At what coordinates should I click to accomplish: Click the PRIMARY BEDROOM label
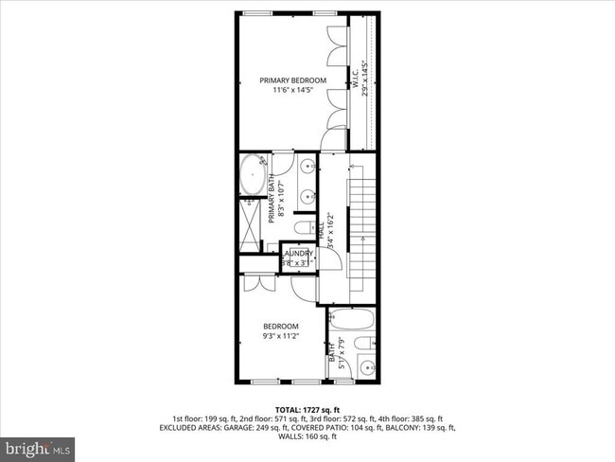(x=293, y=80)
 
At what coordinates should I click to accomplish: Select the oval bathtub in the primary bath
(x=252, y=176)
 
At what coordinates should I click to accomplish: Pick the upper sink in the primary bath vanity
(x=308, y=169)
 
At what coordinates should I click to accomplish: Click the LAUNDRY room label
(x=299, y=253)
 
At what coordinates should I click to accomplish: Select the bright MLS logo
(x=38, y=446)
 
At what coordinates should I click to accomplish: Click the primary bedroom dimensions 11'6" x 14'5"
(x=293, y=91)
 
